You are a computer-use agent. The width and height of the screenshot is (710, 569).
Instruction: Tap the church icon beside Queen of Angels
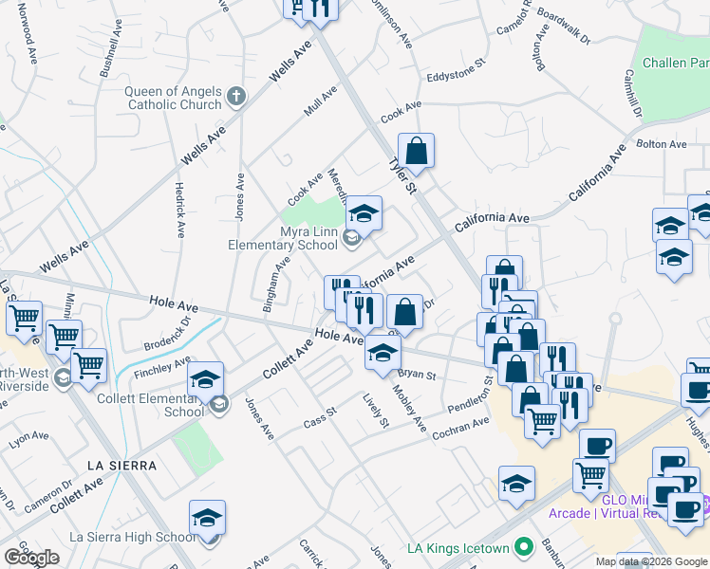click(236, 96)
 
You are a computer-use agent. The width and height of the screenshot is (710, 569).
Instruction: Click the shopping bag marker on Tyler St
click(416, 150)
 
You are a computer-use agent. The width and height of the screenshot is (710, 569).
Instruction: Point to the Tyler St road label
click(402, 176)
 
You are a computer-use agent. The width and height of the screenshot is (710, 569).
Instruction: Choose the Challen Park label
click(675, 64)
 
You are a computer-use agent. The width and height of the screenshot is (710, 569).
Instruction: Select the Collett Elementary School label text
click(157, 405)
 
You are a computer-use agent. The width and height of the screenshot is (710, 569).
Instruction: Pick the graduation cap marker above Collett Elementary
click(204, 379)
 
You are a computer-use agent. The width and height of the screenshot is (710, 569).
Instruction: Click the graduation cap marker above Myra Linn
click(363, 213)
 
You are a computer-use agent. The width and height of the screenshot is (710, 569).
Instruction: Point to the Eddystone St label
click(456, 68)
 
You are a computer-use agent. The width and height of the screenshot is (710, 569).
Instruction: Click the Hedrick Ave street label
click(178, 211)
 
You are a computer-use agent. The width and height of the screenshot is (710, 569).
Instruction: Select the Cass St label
click(320, 417)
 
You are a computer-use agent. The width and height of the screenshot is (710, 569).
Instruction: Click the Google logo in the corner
click(31, 558)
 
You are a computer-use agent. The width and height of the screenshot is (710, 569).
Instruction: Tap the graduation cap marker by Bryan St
click(383, 353)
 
